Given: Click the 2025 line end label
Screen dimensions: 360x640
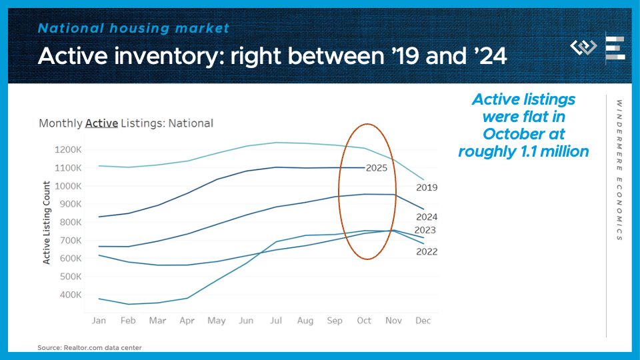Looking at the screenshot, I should coord(377,168).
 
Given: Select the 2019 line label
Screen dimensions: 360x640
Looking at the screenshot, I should coord(427,188).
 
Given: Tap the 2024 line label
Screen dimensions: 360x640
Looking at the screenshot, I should coord(427,217).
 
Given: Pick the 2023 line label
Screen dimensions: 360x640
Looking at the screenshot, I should coord(425,231).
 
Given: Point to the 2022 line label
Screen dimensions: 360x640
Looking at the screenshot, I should coord(427,251).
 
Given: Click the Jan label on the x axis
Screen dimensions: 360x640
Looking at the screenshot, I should coord(99,321).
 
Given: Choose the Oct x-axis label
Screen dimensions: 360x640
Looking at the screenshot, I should coord(364,321).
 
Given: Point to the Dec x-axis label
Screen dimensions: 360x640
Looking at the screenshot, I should coord(423,321).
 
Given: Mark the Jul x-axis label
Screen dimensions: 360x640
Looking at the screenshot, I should coord(275,321).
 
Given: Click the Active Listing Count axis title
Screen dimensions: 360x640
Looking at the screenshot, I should coord(47,222).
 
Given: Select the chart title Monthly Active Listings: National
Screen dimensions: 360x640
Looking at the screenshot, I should coord(126,123).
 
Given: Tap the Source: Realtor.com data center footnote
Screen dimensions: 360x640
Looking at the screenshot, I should coord(89,347).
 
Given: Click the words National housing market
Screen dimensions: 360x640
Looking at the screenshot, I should coord(133,28).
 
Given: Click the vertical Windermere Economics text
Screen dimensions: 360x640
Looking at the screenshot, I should coord(619,170).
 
